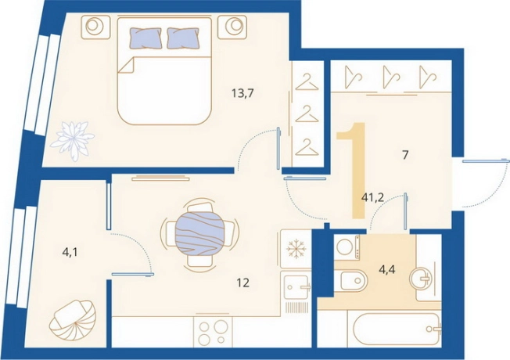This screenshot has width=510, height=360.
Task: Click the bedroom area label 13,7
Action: [242, 94]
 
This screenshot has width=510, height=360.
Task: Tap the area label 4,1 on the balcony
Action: [70, 252]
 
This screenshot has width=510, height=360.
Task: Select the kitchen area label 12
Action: [243, 283]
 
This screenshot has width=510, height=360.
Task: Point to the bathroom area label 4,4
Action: [387, 269]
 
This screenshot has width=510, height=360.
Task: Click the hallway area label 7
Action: [405, 155]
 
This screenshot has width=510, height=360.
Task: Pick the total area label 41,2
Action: [373, 197]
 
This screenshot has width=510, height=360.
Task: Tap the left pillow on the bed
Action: [145, 38]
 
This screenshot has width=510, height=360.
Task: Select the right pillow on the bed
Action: [183, 38]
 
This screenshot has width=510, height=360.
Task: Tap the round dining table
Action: [199, 234]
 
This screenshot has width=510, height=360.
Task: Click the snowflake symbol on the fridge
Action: [296, 249]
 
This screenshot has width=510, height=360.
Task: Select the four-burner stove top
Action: [213, 331]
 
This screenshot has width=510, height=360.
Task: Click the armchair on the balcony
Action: [73, 320]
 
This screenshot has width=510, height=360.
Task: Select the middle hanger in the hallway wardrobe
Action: [391, 77]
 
